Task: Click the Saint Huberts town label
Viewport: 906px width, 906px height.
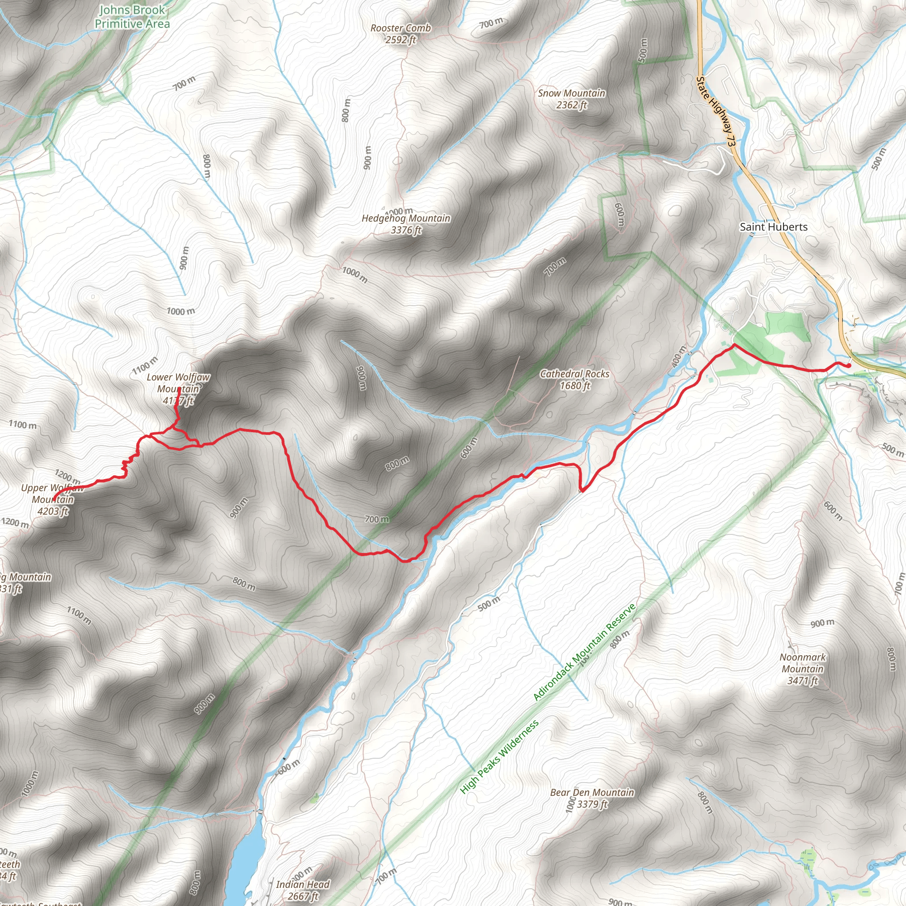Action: (773, 227)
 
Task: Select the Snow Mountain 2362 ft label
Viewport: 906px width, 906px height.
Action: (571, 99)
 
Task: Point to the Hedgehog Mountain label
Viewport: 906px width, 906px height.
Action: (406, 219)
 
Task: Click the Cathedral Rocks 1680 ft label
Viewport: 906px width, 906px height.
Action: (575, 380)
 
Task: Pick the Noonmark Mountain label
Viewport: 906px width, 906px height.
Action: (802, 663)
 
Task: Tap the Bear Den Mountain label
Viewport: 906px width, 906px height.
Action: (592, 792)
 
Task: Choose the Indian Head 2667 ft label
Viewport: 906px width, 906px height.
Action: (303, 890)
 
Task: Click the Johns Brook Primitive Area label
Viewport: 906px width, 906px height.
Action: (132, 17)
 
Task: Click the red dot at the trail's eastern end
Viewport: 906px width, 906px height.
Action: (849, 366)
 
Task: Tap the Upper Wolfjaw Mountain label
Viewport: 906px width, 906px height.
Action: (53, 494)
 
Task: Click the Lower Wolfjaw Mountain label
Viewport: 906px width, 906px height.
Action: (178, 383)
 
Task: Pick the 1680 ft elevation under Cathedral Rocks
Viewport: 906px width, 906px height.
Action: (576, 385)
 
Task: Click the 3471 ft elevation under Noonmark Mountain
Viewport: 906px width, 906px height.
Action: (802, 680)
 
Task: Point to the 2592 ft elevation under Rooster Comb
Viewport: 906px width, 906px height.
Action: (400, 40)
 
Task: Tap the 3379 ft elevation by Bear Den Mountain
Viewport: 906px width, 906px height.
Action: (592, 804)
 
